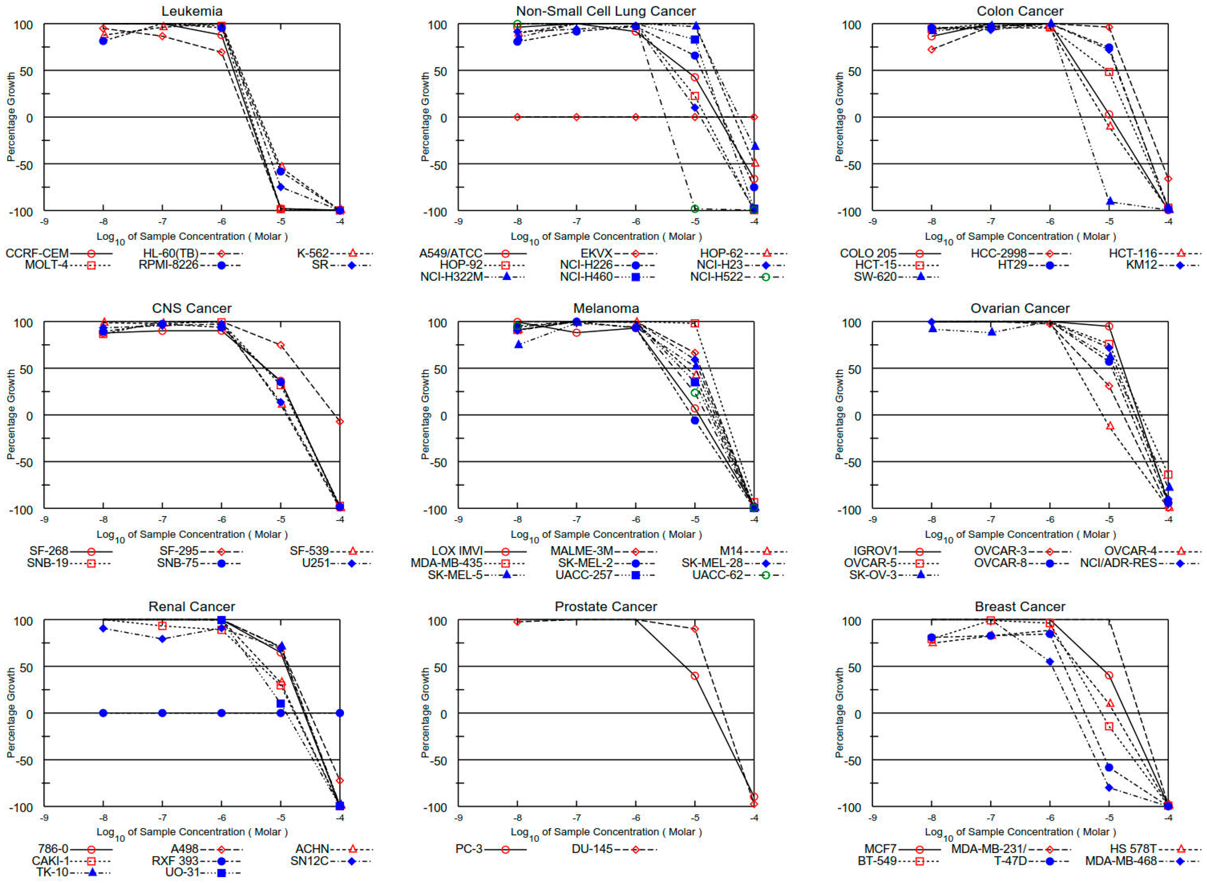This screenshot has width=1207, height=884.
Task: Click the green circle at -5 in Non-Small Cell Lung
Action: (695, 209)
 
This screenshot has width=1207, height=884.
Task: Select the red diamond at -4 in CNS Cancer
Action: (340, 422)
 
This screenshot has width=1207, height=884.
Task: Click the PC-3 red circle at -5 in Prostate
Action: (695, 676)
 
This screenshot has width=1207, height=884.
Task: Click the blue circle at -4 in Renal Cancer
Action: (340, 713)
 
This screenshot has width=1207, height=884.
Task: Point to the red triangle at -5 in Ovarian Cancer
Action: (1109, 426)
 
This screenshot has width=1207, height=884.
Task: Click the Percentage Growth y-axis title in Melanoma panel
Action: (425, 414)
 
